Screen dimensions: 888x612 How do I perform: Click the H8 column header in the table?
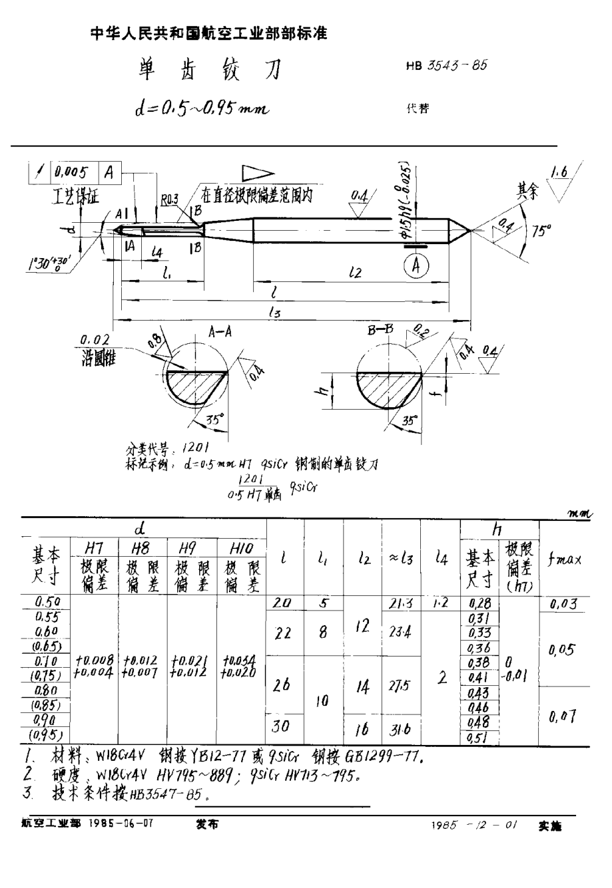(x=142, y=547)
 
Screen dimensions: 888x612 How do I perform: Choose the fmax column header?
(x=565, y=559)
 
